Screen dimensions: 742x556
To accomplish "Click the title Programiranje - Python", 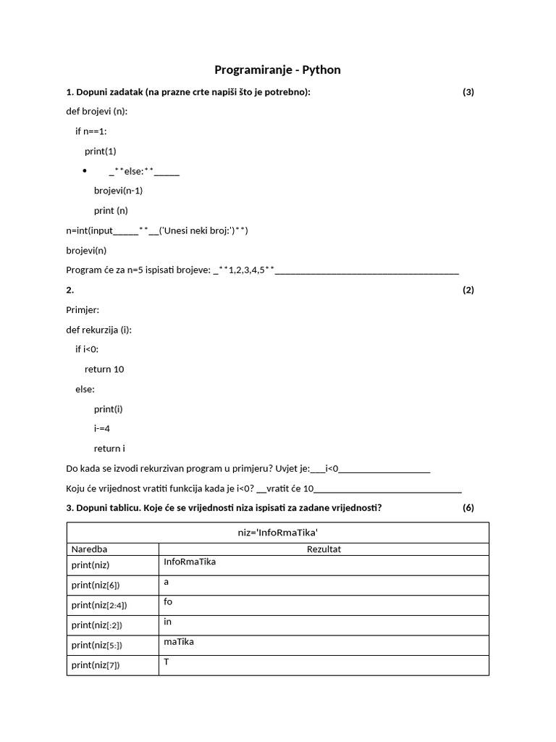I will (x=277, y=70).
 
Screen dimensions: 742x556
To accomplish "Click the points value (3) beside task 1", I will (x=468, y=91).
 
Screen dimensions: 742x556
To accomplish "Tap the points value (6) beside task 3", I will (x=468, y=507).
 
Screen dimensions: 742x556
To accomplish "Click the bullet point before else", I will (x=85, y=172).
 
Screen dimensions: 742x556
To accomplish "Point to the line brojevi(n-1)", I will (x=118, y=191).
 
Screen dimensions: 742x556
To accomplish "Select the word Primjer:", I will (x=83, y=309).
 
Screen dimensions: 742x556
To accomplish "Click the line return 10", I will (x=104, y=369).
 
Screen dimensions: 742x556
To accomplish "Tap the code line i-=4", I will (x=102, y=428).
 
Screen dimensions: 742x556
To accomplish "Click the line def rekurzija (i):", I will (x=99, y=329).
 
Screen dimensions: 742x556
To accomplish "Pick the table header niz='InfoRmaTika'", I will (x=277, y=532).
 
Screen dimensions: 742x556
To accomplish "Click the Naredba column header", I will (x=89, y=549).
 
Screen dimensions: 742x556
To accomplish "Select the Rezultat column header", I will (x=324, y=549).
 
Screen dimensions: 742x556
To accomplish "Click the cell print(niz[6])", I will (x=96, y=585).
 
